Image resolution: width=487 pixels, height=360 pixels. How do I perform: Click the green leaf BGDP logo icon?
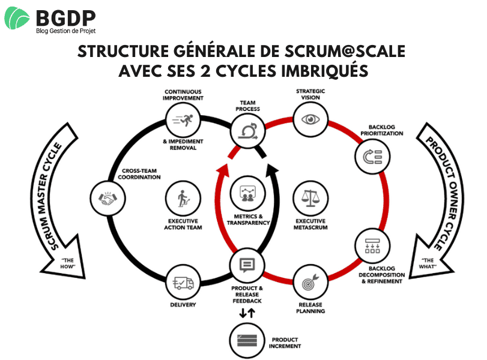17,18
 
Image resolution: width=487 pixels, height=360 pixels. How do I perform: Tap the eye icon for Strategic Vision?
310,119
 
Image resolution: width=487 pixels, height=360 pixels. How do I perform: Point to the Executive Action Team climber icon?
183,197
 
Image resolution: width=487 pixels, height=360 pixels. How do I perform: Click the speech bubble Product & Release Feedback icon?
247,265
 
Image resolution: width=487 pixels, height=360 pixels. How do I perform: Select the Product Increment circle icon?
247,340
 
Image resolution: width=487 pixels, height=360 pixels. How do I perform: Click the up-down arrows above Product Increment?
247,313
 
